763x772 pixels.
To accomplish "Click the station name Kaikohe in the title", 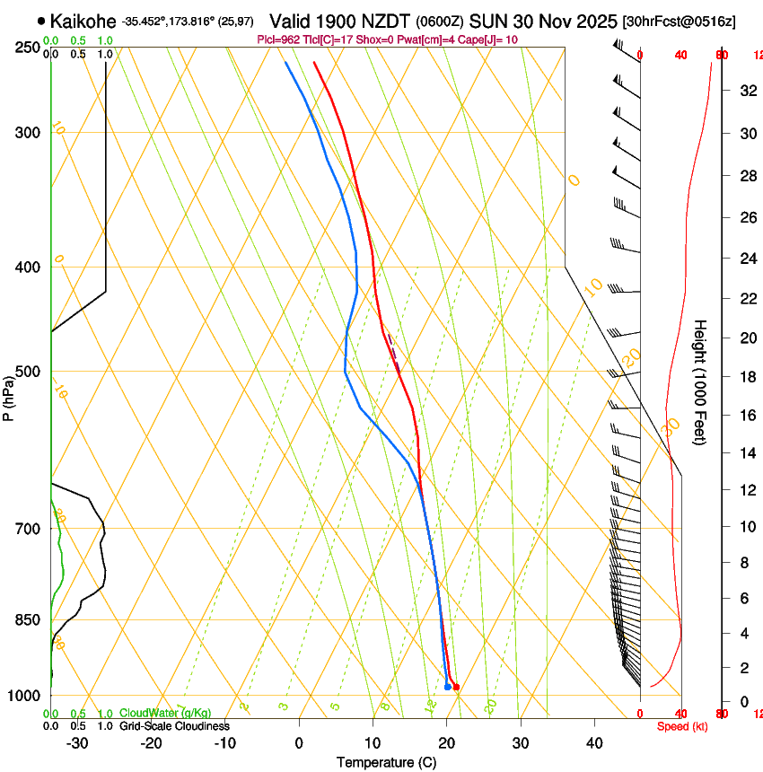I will (84, 20).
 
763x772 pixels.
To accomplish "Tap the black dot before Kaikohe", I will (41, 20).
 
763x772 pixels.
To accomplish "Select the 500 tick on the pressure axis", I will (28, 372).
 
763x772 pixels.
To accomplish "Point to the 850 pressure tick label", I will (28, 619).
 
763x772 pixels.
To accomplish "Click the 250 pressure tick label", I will (28, 47).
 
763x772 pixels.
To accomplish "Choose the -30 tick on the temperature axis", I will (77, 742).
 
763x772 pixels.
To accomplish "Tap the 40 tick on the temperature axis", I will (593, 742).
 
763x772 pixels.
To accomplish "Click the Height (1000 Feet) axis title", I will (700, 382).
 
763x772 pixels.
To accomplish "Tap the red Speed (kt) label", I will (682, 726).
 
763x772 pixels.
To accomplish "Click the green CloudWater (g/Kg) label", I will (165, 714).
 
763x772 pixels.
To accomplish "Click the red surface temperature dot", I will (456, 688).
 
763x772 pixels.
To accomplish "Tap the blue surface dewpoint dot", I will (447, 687).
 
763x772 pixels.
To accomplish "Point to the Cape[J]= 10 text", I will (491, 39).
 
